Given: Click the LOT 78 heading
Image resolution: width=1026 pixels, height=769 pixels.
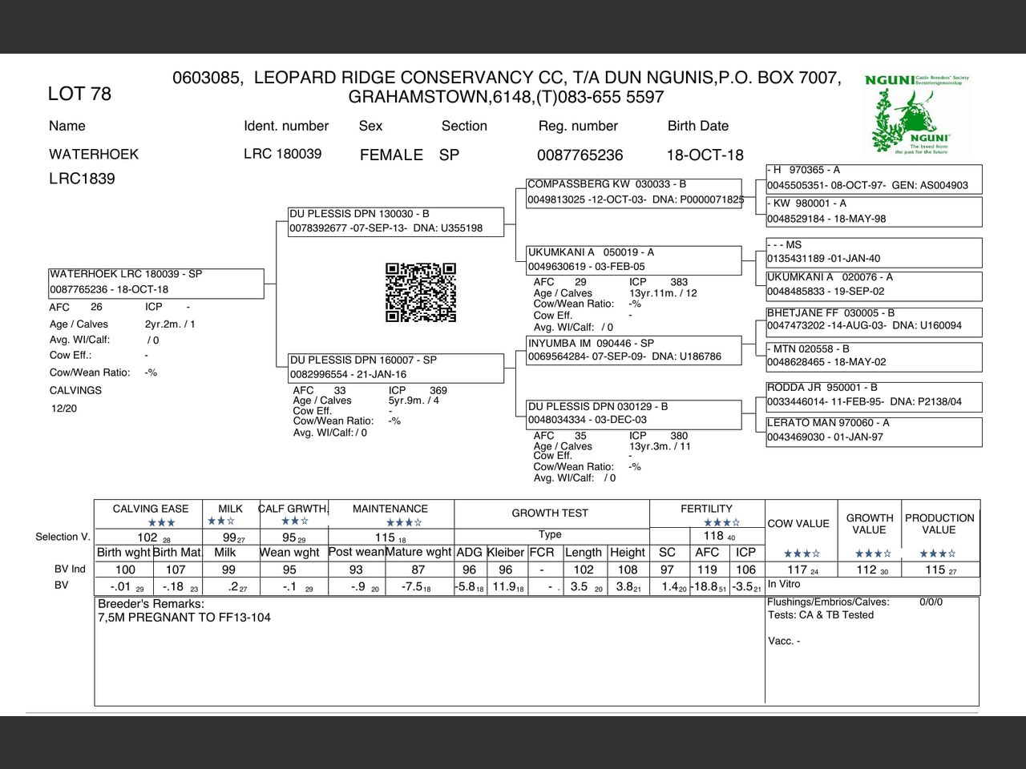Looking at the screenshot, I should (x=79, y=94).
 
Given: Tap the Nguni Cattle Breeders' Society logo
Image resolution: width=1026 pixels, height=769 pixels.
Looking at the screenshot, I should (x=917, y=112).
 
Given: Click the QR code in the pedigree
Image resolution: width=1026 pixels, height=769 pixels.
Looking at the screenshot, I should (x=421, y=292).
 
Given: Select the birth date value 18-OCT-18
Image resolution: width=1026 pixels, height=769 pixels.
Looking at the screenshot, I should (x=705, y=155).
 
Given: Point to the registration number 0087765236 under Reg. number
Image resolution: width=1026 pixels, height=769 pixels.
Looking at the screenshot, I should (x=580, y=155).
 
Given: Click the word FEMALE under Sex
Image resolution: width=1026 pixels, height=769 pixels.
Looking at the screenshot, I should (x=391, y=155).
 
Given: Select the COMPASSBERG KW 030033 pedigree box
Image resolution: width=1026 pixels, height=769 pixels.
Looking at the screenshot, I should (x=633, y=192).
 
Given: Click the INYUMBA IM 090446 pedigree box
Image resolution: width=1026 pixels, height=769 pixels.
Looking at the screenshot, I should (x=633, y=350).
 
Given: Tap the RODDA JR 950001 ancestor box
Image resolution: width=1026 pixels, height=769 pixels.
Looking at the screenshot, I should (x=874, y=395).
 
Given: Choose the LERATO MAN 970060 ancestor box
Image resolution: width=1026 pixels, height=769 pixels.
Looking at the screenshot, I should (x=874, y=430).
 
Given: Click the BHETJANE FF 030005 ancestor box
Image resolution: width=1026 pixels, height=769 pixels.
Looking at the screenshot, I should (x=874, y=320).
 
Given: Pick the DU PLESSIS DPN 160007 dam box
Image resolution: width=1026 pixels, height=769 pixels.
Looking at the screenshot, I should (x=396, y=368).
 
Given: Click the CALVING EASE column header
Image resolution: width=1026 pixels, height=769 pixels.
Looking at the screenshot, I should (x=151, y=509).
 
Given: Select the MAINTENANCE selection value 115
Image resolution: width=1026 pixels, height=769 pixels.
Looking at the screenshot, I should (x=386, y=537).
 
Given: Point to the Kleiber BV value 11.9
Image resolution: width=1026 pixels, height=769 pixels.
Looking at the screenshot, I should (x=504, y=586).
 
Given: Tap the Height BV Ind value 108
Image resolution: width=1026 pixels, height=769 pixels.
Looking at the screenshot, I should (x=627, y=570).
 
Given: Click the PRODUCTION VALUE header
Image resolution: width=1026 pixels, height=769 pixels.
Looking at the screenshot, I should (x=939, y=524).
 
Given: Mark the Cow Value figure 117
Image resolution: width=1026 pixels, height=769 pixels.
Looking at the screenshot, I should (x=798, y=570).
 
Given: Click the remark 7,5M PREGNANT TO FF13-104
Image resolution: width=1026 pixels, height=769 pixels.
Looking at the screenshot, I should (x=184, y=618).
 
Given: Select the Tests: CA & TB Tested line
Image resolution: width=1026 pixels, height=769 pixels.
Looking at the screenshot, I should (x=820, y=615).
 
